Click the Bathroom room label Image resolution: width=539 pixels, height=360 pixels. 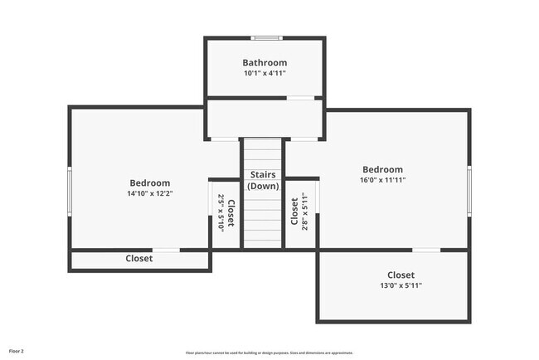pos(265,62)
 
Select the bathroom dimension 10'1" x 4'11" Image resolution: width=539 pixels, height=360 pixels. pos(265,74)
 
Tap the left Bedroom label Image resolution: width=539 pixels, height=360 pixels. pos(149,183)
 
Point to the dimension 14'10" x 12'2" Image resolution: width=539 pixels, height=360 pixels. pos(149,194)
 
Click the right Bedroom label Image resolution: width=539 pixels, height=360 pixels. pos(382,169)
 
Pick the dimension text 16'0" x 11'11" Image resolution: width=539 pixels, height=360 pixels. pos(382,180)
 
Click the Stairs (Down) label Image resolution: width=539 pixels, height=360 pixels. pos(264,180)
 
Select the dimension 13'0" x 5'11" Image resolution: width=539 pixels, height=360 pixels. pos(401,286)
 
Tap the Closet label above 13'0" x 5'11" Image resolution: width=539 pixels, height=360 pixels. pos(401,275)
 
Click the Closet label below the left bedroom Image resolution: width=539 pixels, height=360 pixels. pos(139,259)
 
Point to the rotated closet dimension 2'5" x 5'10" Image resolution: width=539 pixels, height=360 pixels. pos(221,212)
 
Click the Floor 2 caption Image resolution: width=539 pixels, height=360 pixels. pos(17,352)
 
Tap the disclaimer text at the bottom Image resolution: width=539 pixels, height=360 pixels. pos(269,353)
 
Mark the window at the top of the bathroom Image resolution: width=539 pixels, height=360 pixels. pos(265,37)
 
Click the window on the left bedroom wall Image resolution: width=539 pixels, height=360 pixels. pos(70,192)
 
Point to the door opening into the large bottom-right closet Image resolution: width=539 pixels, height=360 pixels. pos(426,250)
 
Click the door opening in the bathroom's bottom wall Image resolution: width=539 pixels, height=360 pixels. pos(300,98)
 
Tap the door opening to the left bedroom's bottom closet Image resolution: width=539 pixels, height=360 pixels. pos(166,250)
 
